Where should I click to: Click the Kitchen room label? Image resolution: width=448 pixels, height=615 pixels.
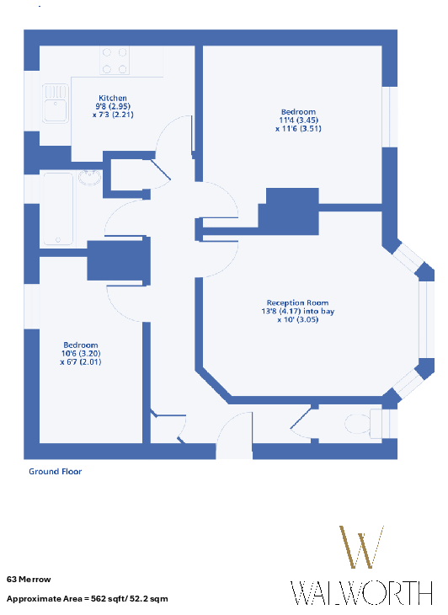point(113,98)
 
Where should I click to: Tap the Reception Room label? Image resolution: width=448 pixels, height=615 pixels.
point(297,302)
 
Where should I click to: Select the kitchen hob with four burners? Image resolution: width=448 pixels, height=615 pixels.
point(115,61)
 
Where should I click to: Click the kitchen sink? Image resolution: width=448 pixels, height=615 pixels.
point(56,104)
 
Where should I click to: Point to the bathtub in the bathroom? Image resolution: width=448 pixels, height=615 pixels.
point(58,209)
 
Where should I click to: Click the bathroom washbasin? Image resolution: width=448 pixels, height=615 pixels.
point(90,177)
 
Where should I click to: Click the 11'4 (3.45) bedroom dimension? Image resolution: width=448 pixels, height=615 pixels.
point(298,120)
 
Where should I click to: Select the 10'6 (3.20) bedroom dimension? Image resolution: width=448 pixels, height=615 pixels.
point(81,353)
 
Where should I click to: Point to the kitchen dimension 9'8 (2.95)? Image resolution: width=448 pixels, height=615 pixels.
point(113,106)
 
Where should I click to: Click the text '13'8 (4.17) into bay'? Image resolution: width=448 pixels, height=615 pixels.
point(298,311)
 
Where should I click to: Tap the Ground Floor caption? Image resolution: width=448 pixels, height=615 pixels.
point(56,472)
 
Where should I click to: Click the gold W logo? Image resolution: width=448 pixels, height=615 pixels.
point(361,547)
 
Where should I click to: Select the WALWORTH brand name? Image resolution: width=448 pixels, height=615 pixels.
point(361,593)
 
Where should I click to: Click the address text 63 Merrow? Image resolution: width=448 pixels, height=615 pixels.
point(29,580)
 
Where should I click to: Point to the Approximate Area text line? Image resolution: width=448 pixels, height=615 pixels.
point(87,599)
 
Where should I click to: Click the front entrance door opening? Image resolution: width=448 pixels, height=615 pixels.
point(234,451)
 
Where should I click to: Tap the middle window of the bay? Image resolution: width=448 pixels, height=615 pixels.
point(426,319)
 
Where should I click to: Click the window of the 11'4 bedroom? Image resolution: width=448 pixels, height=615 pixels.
point(390,117)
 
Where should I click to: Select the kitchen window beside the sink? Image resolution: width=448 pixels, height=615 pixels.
point(32,101)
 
